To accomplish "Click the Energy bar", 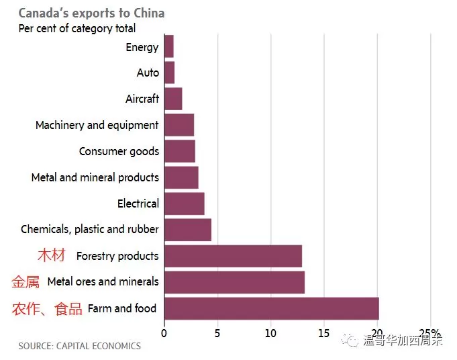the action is (x=169, y=46).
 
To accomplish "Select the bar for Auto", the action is (x=170, y=73).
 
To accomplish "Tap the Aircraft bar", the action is (x=173, y=99).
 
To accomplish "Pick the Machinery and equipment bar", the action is (x=179, y=125).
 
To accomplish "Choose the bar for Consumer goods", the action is (x=180, y=151).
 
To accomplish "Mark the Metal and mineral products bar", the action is (x=182, y=177).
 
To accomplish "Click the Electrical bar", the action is (x=185, y=204).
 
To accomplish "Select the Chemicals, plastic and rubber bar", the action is (x=188, y=230).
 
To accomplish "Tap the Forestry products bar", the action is (x=233, y=256).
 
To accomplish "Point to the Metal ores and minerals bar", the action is (x=235, y=282).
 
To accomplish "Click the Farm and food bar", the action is (x=272, y=309).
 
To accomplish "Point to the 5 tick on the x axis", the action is (x=217, y=333).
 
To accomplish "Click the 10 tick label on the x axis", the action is (x=270, y=333).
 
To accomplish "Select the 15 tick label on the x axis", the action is (x=324, y=333).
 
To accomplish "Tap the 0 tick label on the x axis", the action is (x=164, y=333).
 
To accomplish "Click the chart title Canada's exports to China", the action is (x=91, y=13).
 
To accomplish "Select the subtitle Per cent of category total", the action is (x=77, y=28).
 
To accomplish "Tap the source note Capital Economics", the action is (x=80, y=346).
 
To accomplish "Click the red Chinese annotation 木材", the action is (x=52, y=255).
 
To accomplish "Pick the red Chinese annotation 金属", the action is (x=26, y=282).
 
